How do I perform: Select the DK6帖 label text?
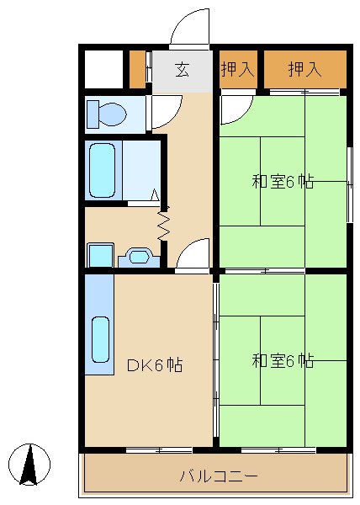155,365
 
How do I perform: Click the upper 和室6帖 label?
283,181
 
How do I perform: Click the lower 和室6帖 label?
283,361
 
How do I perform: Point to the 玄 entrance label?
182,70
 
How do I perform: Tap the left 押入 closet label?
237,70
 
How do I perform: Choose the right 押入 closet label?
304,70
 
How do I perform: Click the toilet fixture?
108,113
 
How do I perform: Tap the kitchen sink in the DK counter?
100,338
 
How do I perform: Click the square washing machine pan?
100,255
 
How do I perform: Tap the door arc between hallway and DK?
193,254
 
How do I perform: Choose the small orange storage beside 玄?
137,70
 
